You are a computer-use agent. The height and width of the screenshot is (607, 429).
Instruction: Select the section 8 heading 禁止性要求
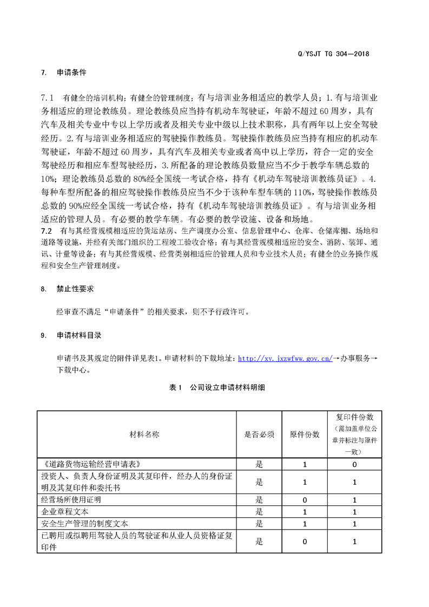click(75, 289)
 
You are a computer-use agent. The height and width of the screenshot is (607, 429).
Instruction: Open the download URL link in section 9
click(285, 358)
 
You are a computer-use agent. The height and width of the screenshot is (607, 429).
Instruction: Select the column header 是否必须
click(259, 434)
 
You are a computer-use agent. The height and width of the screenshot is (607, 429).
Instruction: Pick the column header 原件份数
click(305, 434)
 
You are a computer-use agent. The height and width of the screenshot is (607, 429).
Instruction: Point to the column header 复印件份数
click(354, 418)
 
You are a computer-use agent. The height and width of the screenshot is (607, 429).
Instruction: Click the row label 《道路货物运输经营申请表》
click(91, 464)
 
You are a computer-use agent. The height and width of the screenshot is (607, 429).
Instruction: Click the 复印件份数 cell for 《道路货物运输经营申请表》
click(354, 464)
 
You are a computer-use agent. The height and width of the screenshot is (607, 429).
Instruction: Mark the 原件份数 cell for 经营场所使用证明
click(305, 500)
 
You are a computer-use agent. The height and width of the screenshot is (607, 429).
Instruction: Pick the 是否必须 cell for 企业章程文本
click(259, 512)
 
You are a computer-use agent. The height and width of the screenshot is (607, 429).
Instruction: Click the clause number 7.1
click(48, 98)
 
